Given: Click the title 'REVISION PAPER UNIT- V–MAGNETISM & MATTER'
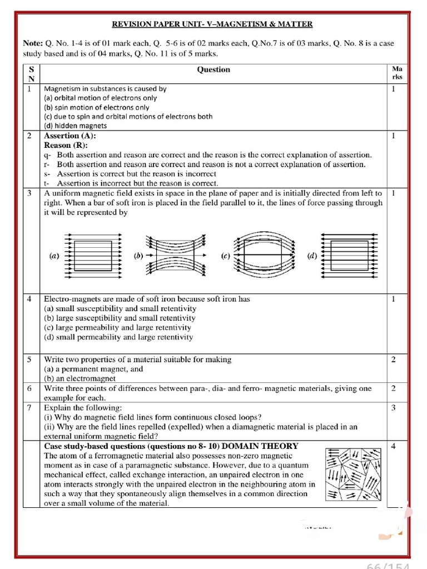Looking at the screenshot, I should click(212, 24).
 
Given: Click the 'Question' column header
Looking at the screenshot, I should click(213, 69).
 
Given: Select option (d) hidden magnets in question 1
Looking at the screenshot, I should click(75, 126).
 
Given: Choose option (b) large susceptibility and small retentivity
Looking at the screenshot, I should click(120, 318).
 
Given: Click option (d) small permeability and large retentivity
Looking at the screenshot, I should click(118, 337).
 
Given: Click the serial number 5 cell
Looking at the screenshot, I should click(29, 360).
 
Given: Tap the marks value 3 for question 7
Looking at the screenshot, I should click(393, 408).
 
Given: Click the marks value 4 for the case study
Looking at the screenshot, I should click(393, 446).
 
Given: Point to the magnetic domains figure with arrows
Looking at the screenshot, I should click(353, 474).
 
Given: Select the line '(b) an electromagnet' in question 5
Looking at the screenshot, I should click(80, 378).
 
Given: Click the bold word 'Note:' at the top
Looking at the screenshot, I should click(32, 43).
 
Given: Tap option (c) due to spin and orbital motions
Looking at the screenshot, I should click(128, 117).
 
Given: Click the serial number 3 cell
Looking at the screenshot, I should click(29, 193).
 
